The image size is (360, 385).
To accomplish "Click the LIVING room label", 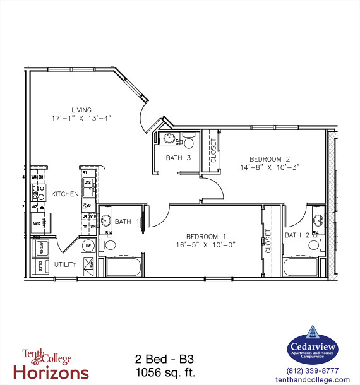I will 81,109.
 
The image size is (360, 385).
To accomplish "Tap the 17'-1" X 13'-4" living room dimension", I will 81,118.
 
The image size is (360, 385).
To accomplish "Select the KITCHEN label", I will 64,194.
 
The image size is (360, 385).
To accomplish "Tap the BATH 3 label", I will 179,158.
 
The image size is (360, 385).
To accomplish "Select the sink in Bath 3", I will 169,139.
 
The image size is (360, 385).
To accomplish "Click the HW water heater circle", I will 88,246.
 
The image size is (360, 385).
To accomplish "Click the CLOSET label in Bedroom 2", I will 213,151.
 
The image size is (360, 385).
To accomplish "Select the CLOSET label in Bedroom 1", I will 268,241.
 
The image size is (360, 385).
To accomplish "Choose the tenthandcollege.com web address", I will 313,380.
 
